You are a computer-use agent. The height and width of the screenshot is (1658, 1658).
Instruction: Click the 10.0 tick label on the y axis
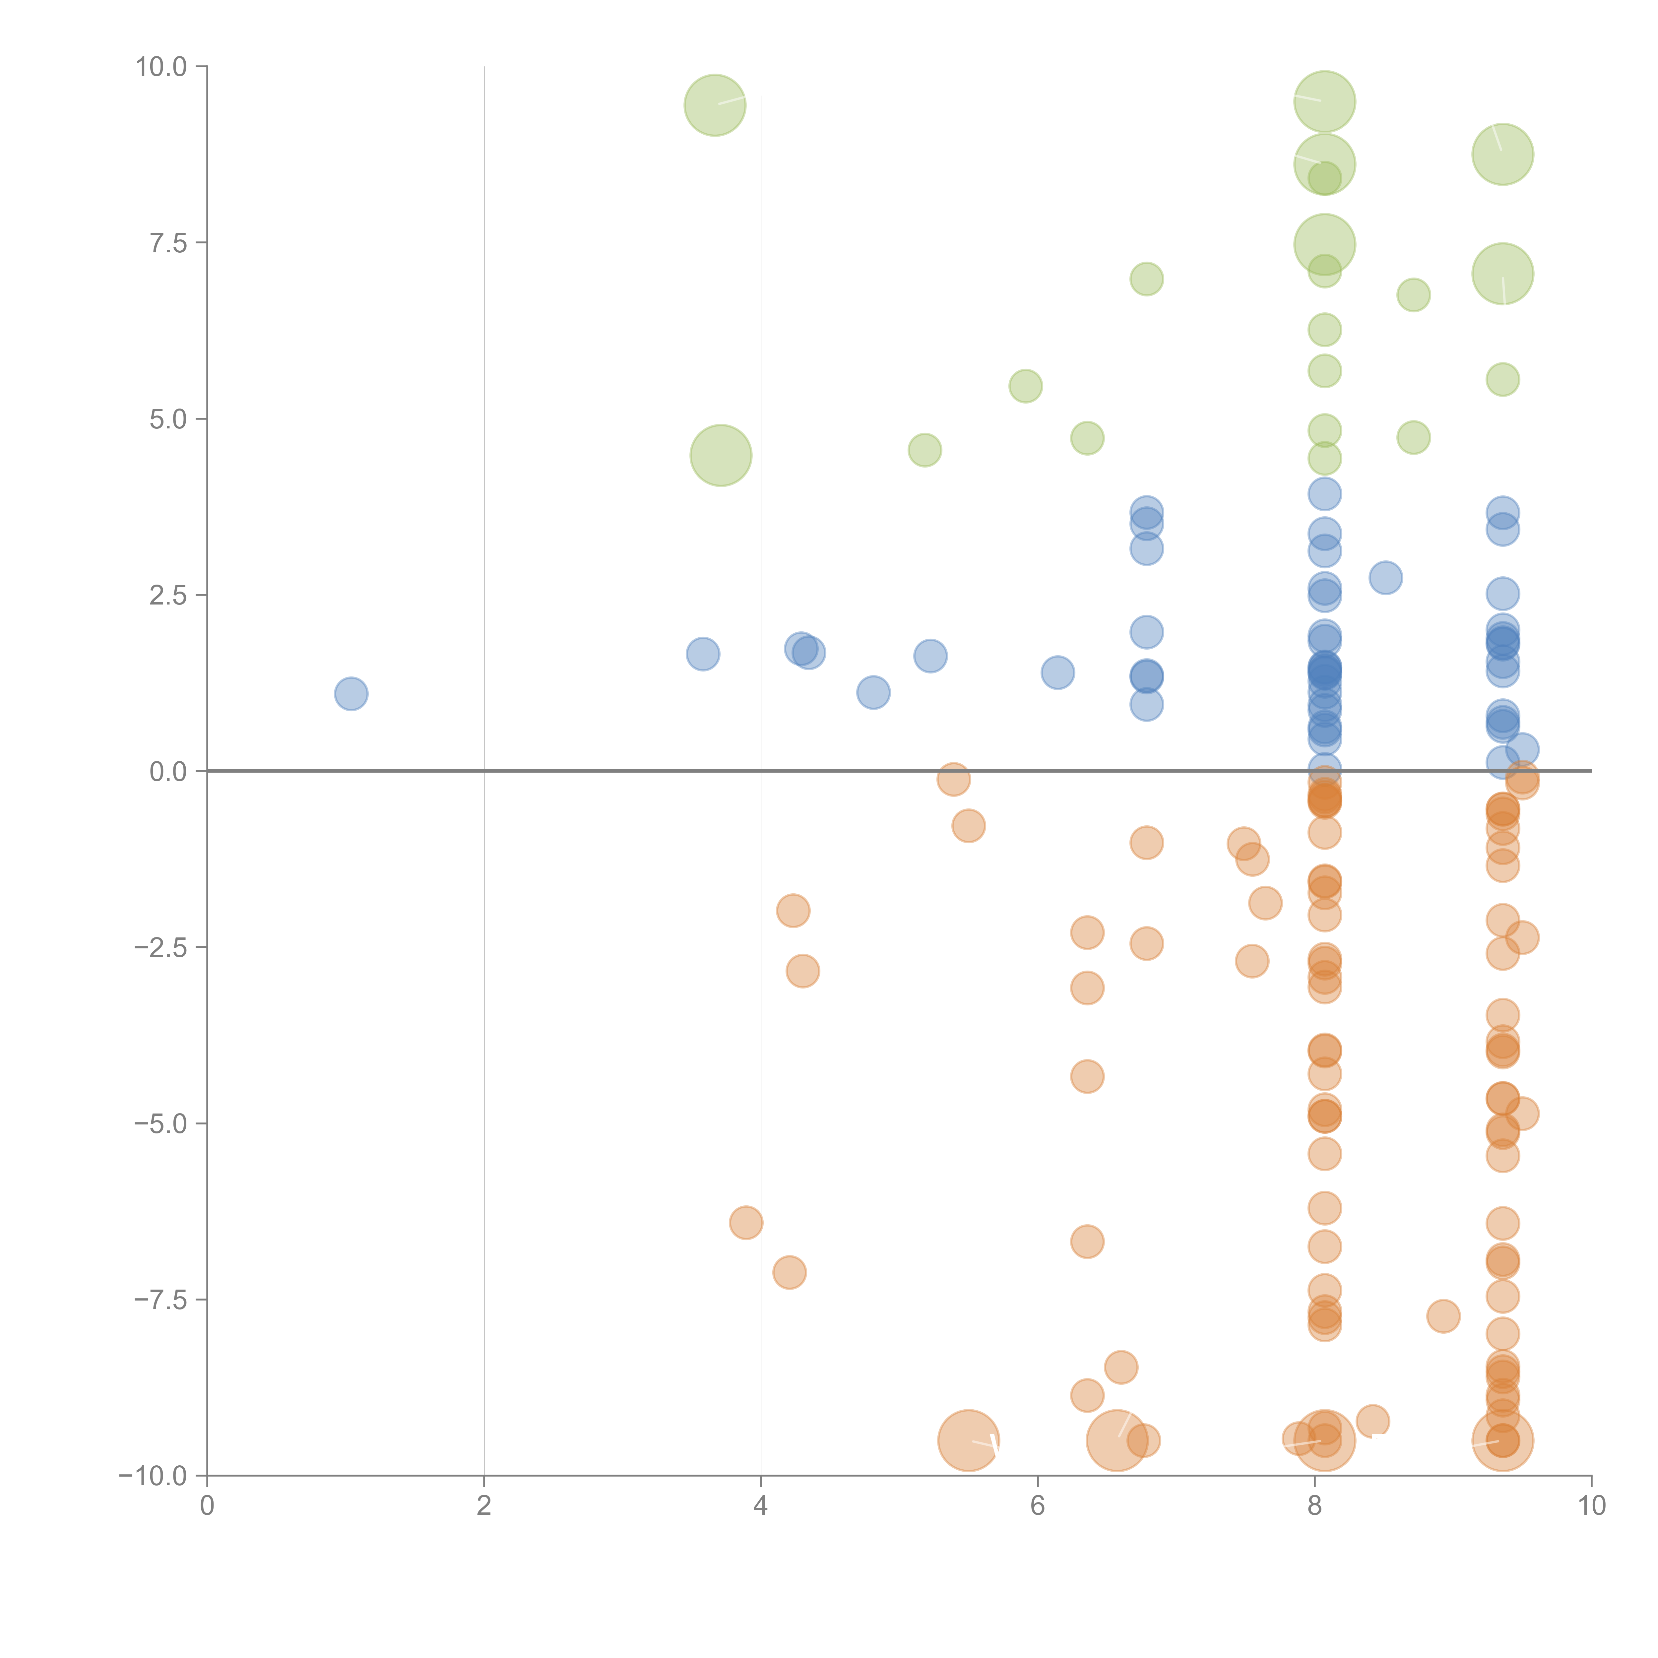tap(161, 67)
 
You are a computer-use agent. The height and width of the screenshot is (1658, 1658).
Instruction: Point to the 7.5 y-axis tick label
tap(168, 243)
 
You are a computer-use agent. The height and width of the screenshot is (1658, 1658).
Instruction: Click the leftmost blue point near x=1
tap(351, 693)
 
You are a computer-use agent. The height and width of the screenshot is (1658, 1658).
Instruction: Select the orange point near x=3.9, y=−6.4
tap(746, 1222)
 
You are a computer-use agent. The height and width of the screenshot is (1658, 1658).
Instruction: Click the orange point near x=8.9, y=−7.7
tap(1443, 1315)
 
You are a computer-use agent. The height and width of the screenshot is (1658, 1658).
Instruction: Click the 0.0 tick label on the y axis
tap(168, 772)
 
